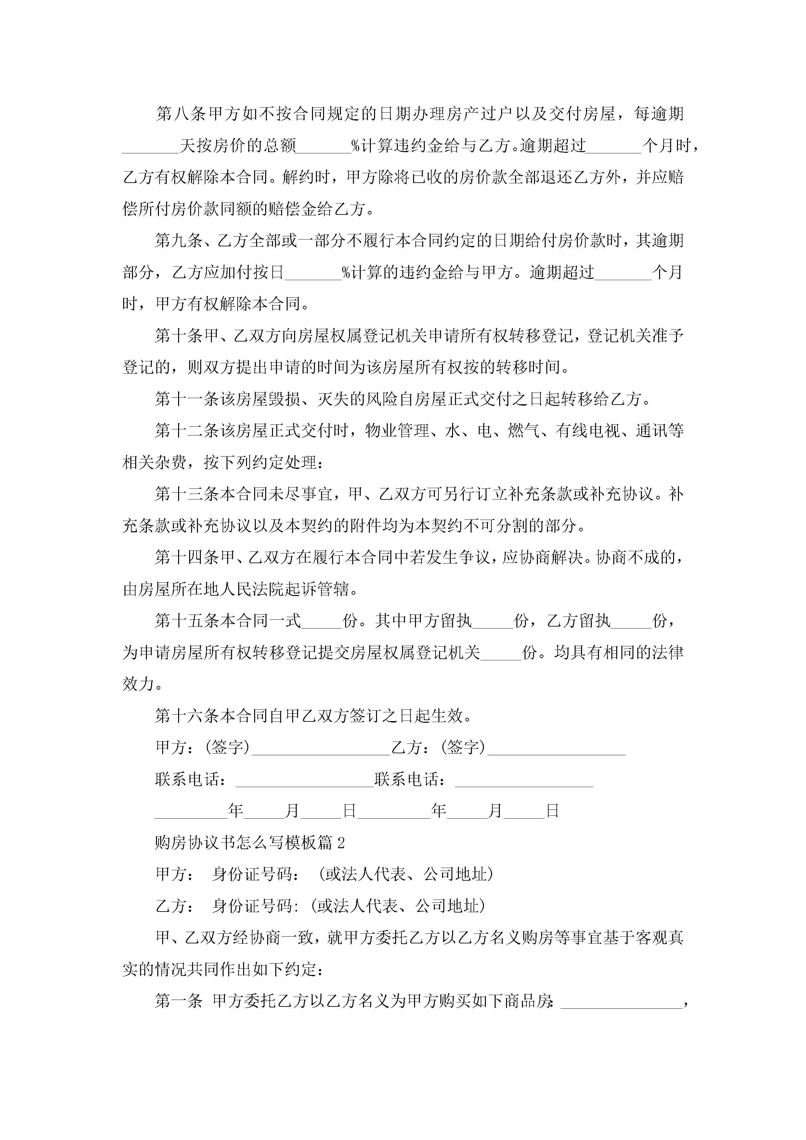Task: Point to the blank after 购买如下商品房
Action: pos(622,1002)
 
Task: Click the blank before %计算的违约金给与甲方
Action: pos(313,273)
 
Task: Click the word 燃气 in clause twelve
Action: pos(524,431)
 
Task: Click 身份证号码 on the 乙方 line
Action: pos(252,906)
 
